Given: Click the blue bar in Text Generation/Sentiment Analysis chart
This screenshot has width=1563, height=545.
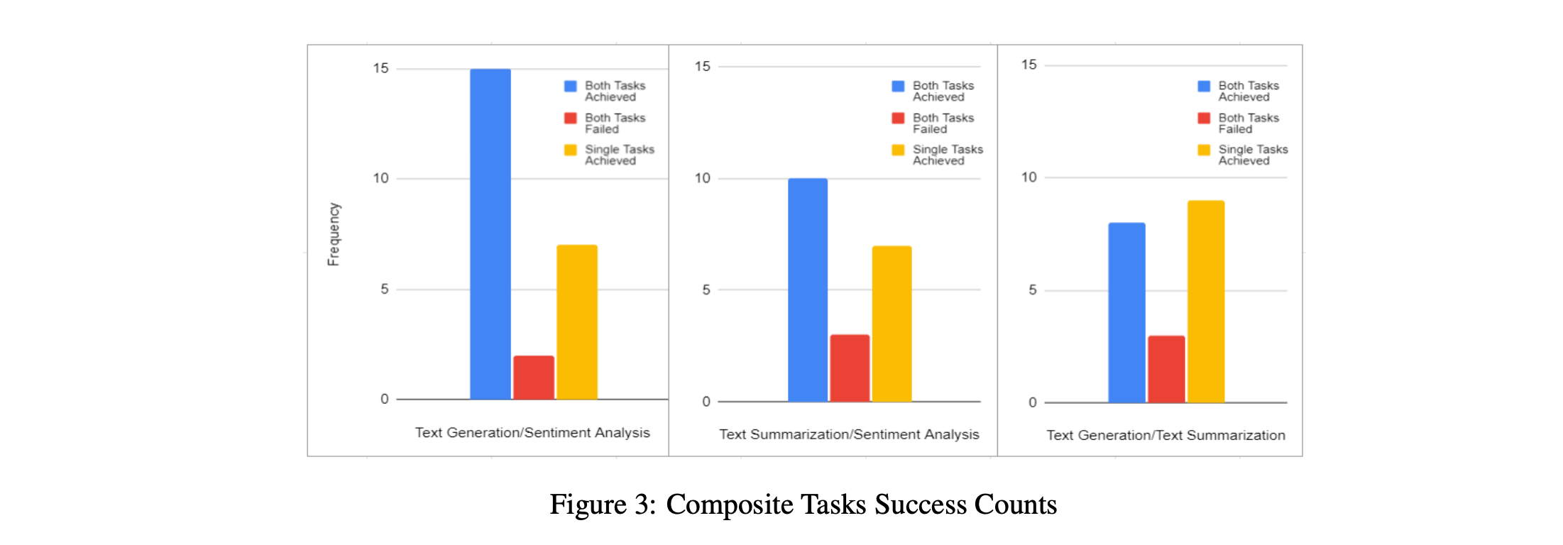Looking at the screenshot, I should (x=490, y=234).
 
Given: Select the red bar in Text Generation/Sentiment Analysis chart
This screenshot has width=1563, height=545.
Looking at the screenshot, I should (x=533, y=378).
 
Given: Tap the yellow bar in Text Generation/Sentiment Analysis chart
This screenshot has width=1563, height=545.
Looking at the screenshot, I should (x=576, y=322).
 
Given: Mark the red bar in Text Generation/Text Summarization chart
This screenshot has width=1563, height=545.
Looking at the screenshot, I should (x=1166, y=369).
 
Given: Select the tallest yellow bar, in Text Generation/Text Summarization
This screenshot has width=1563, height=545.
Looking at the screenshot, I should (x=1206, y=302).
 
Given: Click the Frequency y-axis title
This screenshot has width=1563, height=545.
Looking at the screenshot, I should (x=334, y=234).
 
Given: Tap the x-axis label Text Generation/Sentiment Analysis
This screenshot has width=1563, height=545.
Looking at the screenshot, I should (x=532, y=432).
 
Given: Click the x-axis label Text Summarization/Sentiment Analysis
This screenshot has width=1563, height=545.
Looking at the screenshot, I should (x=849, y=434).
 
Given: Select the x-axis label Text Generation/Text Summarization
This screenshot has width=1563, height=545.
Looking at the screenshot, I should (x=1166, y=435).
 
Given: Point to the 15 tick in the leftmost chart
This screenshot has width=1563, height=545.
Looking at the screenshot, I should (x=381, y=68).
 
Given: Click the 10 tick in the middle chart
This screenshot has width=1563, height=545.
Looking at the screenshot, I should (x=702, y=178).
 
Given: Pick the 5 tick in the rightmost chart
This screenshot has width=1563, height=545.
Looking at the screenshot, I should (x=1032, y=290).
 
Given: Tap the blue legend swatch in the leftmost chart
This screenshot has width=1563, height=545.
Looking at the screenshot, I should (x=570, y=86).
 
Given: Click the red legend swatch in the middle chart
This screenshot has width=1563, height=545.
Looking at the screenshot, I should (x=898, y=118).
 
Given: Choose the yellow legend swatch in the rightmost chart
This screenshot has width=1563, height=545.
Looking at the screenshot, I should (x=1204, y=150).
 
